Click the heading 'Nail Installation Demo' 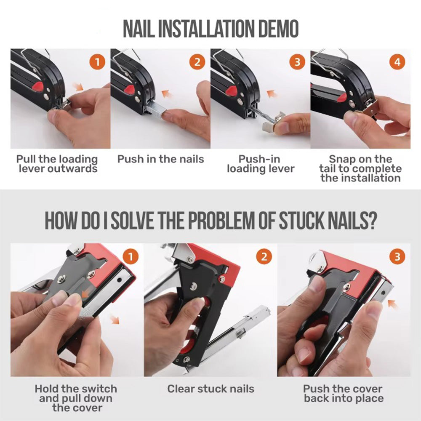(210, 29)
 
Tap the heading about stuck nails (210, 221)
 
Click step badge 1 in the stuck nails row (130, 256)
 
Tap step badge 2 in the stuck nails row (264, 256)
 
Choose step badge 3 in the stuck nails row (397, 256)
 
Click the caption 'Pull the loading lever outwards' (57, 164)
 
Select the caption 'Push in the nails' (160, 159)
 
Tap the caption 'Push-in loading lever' (261, 164)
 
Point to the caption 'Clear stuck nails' (210, 389)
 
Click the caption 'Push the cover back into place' (343, 393)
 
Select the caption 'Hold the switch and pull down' (76, 398)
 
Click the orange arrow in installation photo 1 (77, 87)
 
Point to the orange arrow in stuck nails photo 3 (392, 303)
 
